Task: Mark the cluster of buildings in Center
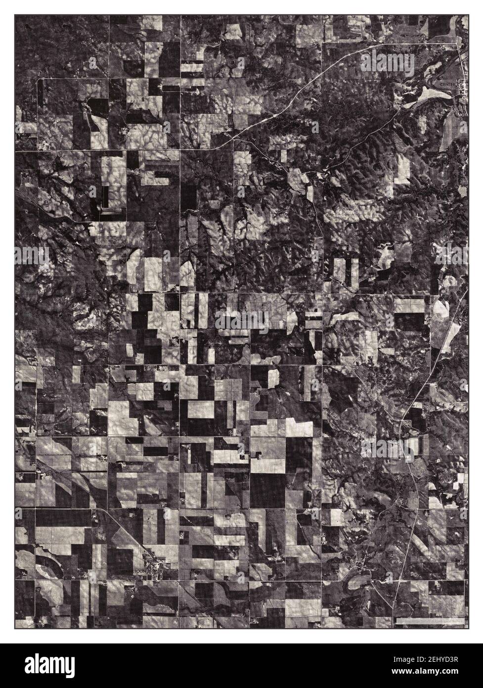point(463,88)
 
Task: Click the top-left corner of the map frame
point(15,15)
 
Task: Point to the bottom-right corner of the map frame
point(468,629)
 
